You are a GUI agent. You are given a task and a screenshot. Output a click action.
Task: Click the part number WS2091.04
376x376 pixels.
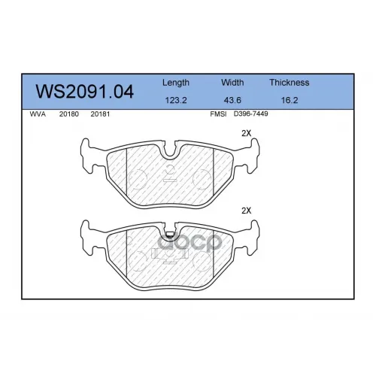85,92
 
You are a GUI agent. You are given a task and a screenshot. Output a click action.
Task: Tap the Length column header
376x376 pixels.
176,83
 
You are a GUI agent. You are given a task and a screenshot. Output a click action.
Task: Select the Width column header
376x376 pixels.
232,83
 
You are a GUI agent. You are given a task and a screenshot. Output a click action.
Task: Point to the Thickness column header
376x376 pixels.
290,83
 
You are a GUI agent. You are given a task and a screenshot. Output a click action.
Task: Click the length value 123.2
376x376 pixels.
176,100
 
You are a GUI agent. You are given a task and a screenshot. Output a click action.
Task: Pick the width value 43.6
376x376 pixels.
232,100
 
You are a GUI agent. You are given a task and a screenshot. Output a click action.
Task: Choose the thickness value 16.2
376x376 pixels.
290,100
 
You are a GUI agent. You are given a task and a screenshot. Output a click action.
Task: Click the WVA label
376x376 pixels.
38,114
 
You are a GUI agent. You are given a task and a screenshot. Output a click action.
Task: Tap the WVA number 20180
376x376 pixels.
69,114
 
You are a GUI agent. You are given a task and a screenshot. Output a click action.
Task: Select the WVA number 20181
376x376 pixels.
100,114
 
